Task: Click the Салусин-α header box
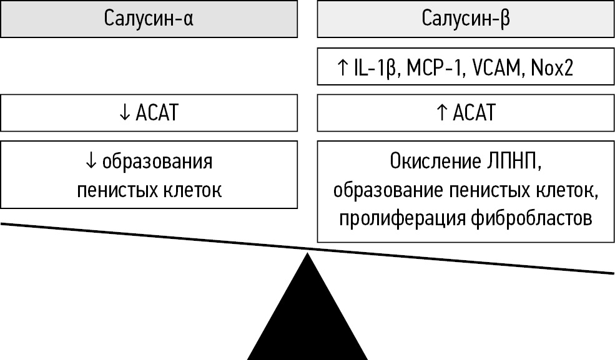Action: [149, 19]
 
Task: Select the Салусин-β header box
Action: [466, 19]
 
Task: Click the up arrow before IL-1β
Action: [342, 67]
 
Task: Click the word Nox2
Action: [552, 67]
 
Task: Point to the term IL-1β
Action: [371, 67]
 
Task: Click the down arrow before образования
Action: [91, 162]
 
